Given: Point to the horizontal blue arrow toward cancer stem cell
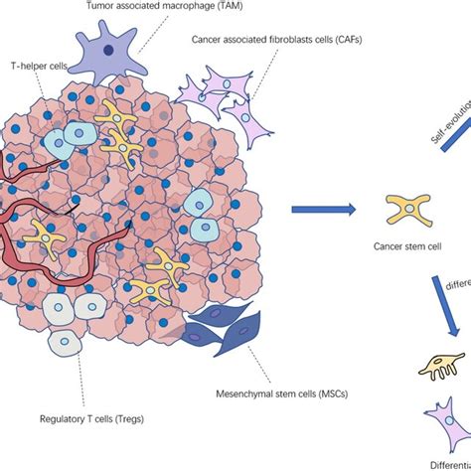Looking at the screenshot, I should point(323,210).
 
